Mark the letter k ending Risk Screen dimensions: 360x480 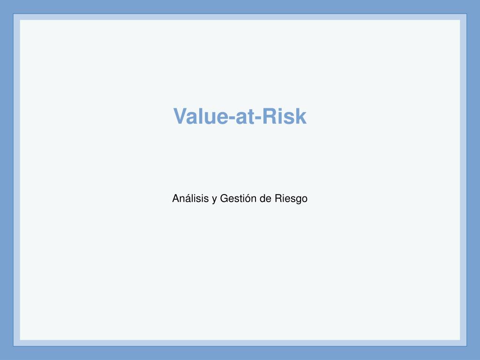(x=301, y=116)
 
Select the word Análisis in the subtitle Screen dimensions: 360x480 (x=190, y=199)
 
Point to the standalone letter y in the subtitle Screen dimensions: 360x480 (x=215, y=200)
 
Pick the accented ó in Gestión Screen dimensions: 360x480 (x=247, y=199)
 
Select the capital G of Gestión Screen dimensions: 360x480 (x=224, y=199)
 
